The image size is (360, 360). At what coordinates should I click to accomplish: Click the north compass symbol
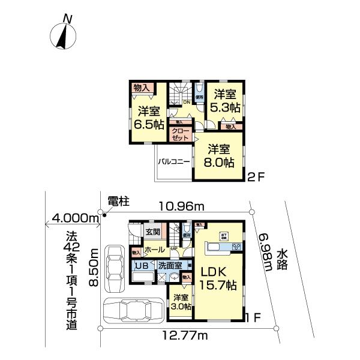coord(62,34)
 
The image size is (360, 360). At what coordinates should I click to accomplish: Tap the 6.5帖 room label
coord(149,118)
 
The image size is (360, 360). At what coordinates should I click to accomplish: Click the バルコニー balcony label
coord(174,161)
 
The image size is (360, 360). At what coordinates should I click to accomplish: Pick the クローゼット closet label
coord(180,134)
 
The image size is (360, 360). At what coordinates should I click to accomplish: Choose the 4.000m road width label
coord(75,217)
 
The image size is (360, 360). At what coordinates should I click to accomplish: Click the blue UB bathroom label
coord(142,266)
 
